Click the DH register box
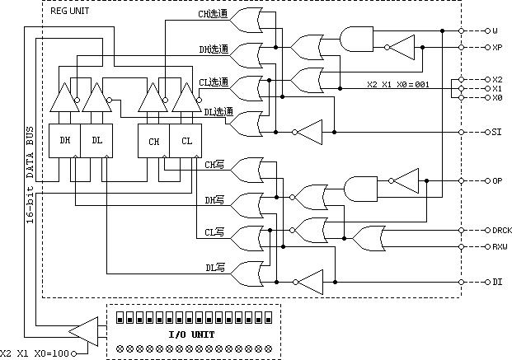click(65, 141)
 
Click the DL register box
click(96, 141)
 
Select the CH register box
click(153, 142)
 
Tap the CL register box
click(186, 142)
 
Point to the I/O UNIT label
click(191, 334)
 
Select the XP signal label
click(497, 48)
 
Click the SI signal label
click(497, 132)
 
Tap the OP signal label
click(497, 180)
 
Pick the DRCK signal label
click(501, 231)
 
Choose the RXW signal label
click(500, 245)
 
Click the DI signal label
click(497, 283)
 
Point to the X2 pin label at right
click(497, 80)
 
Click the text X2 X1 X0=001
click(398, 85)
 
